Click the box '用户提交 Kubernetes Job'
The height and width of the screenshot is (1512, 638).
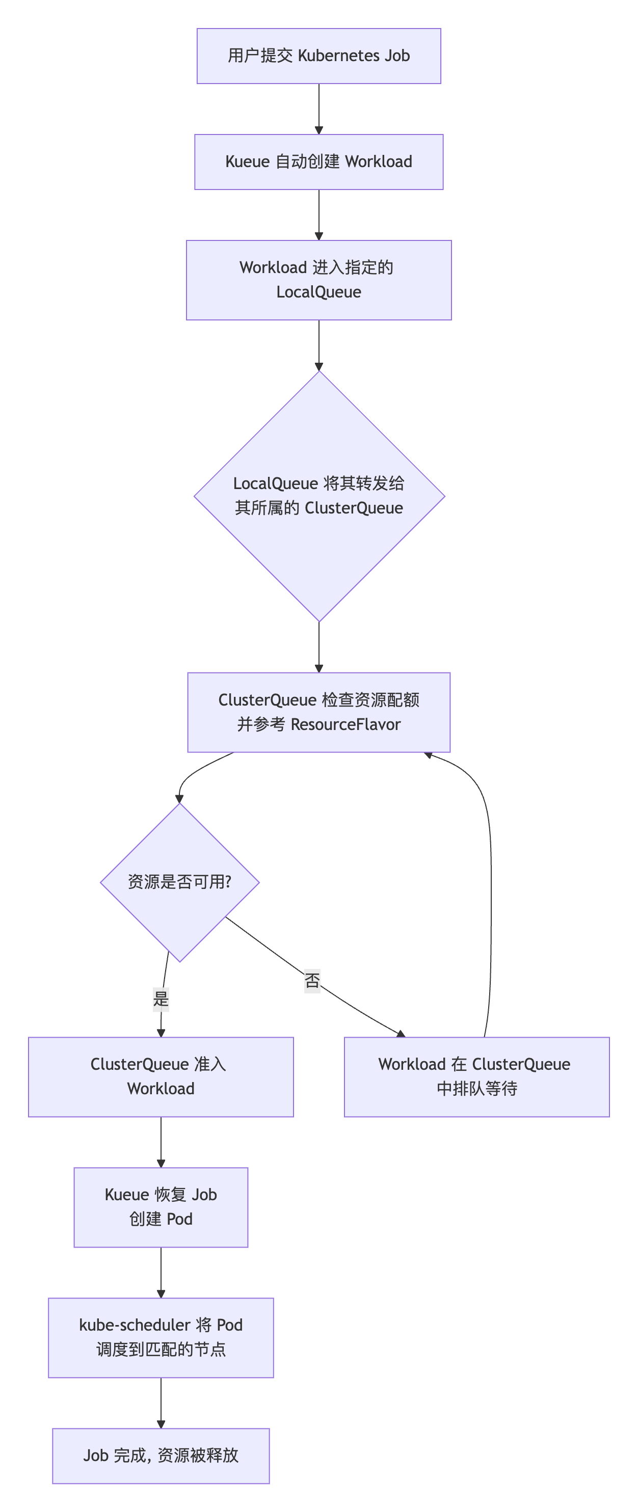pos(318,56)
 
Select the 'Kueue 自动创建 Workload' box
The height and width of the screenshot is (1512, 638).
pos(318,162)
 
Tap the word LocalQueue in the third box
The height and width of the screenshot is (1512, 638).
pos(318,292)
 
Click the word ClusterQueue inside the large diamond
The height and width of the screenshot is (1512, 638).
pos(354,508)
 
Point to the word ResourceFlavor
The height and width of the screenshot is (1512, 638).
pos(345,725)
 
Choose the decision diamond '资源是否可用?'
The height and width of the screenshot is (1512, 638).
pos(179,882)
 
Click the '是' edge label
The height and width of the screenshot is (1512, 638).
pos(161,998)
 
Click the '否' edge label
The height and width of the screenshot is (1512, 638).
pos(312,980)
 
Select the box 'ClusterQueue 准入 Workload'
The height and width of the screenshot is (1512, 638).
pos(161,1077)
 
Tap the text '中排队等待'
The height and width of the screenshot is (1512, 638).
pos(476,1089)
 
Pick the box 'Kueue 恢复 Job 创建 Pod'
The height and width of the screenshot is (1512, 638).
pos(161,1207)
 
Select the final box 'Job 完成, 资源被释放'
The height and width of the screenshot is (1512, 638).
pos(161,1455)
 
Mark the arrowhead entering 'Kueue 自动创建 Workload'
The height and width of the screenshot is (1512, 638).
pos(318,130)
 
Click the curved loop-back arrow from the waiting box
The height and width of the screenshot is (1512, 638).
pos(491,892)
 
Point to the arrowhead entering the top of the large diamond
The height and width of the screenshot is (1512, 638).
pos(318,367)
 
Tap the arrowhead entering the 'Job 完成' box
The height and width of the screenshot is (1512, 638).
pos(161,1424)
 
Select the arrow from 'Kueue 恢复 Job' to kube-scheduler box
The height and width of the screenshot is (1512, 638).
pos(161,1272)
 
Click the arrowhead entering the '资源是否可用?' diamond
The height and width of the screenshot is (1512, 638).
pos(179,799)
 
